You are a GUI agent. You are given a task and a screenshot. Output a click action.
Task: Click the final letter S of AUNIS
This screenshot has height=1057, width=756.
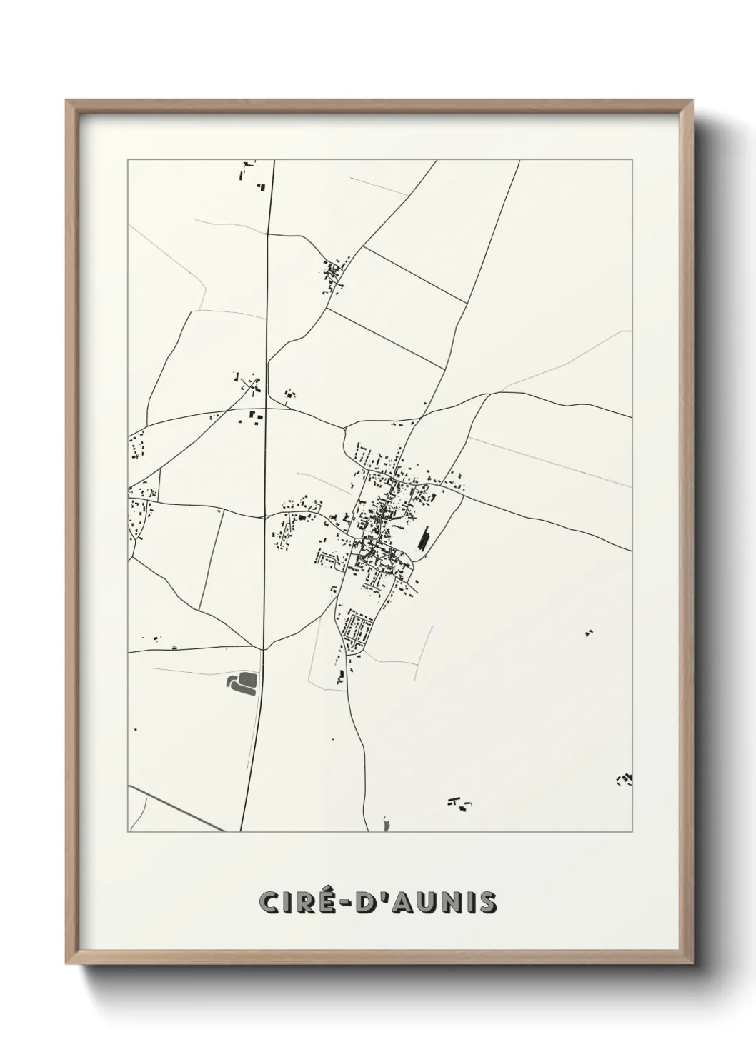[488, 902]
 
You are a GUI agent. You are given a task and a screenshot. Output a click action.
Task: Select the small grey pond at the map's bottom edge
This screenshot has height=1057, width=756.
[387, 825]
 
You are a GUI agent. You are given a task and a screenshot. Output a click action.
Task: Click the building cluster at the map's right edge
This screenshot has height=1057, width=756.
[625, 779]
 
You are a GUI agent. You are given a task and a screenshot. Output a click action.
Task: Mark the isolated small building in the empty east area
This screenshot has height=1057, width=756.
[589, 632]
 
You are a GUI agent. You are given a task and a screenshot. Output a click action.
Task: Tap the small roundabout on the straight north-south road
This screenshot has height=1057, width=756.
[264, 516]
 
